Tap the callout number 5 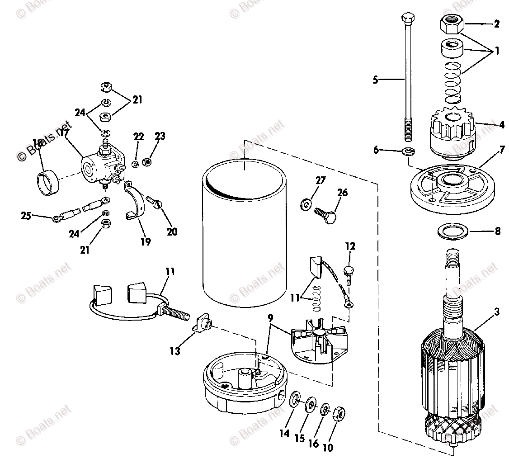pos(375,80)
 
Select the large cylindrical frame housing pos(244,235)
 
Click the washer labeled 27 pos(305,204)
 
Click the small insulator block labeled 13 pos(203,324)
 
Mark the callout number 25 pos(26,216)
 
